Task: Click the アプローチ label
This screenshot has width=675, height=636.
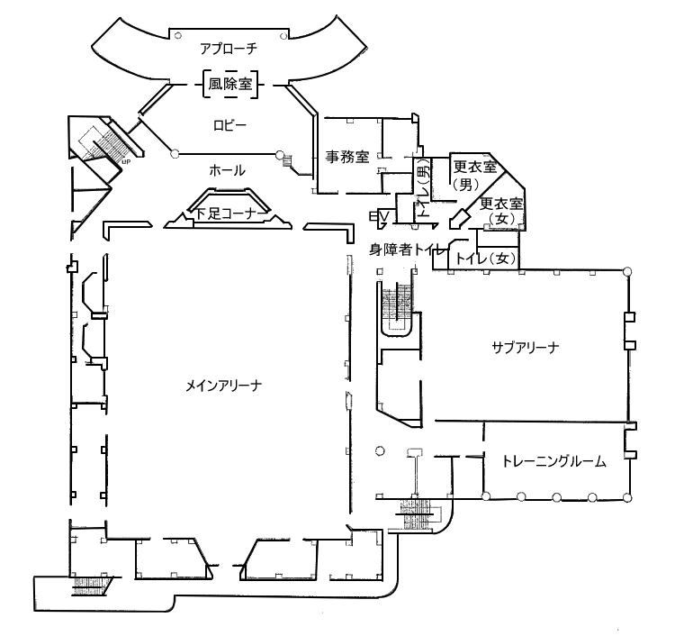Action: [x=229, y=49]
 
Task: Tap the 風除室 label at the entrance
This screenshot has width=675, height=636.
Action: [x=230, y=84]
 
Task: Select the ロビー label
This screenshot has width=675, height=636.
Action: [x=230, y=125]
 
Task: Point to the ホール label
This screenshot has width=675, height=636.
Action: [x=227, y=170]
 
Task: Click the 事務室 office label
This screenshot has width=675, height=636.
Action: [x=347, y=157]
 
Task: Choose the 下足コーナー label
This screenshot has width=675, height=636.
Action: [x=226, y=214]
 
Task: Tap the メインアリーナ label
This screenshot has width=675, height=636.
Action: [x=224, y=386]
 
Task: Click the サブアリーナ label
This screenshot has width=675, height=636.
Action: [x=526, y=348]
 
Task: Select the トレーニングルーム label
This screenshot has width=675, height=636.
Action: [x=554, y=462]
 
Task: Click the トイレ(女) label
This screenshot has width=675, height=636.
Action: [x=485, y=259]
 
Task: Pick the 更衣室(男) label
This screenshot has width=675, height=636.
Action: [x=474, y=175]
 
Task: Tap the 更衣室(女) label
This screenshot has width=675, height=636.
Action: [x=501, y=210]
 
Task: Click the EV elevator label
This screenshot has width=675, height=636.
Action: [x=379, y=215]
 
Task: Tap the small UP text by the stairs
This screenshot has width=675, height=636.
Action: [x=126, y=162]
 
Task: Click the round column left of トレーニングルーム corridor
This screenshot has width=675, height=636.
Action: [x=379, y=450]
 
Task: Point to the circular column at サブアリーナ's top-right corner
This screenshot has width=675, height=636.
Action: [x=627, y=271]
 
